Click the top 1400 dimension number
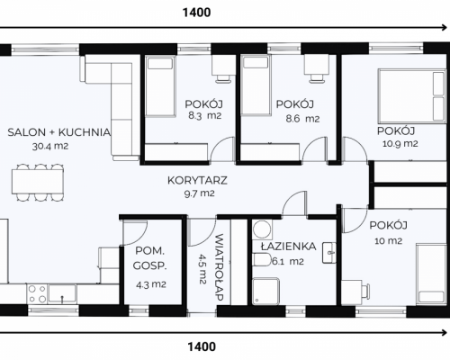196,13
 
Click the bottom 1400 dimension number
202,346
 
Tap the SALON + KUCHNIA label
59,132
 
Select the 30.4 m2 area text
50,147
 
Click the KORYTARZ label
197,180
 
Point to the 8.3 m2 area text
204,115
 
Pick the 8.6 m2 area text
302,119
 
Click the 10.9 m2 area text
400,144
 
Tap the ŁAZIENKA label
288,247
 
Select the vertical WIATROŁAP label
220,267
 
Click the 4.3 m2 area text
151,284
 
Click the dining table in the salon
38,182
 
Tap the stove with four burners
37,294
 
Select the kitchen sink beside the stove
62,293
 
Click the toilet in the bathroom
263,260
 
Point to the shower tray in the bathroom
265,292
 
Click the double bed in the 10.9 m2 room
411,96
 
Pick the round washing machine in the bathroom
262,229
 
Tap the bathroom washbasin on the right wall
328,253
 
